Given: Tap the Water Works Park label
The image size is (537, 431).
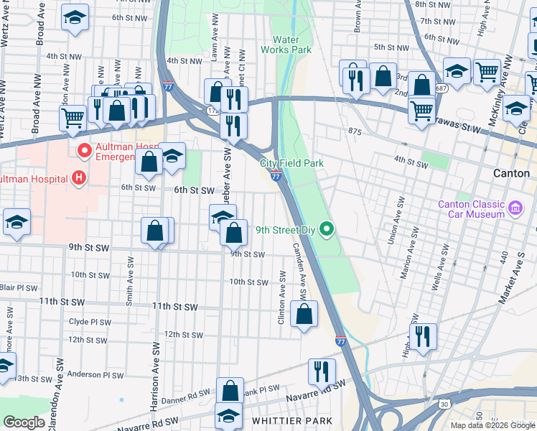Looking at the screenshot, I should pyautogui.click(x=291, y=45).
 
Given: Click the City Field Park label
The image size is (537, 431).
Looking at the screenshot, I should pyautogui.click(x=291, y=164).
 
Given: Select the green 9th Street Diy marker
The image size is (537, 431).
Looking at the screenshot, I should pyautogui.click(x=327, y=231).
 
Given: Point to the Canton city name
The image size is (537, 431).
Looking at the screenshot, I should pyautogui.click(x=512, y=174).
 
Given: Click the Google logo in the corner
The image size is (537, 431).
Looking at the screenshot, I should pyautogui.click(x=24, y=422).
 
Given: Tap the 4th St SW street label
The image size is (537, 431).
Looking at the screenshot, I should pyautogui.click(x=413, y=164).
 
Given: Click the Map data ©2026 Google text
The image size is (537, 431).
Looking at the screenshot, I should pyautogui.click(x=493, y=425).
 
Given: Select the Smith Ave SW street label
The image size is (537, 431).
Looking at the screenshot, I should pyautogui.click(x=130, y=283).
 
